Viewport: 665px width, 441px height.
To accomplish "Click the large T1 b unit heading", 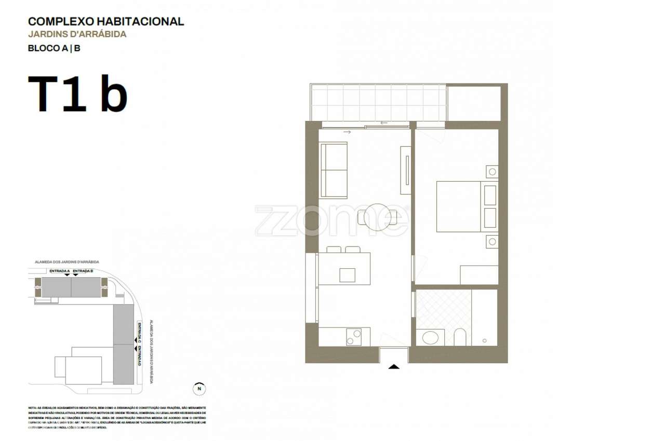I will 78,94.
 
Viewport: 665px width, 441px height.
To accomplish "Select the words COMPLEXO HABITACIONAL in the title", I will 106,21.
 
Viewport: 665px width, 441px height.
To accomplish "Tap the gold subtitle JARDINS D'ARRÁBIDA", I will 77,35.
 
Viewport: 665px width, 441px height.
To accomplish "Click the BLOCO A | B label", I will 54,49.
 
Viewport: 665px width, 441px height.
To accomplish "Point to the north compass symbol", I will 199,388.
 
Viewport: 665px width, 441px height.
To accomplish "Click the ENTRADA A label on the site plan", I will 59,271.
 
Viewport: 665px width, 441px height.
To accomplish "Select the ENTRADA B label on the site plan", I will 83,271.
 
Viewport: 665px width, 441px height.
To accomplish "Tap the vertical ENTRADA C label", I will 139,331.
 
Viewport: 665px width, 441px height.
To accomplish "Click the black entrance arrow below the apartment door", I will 394,366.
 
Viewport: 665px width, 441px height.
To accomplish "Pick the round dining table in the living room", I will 377,217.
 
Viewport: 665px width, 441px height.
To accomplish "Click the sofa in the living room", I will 334,170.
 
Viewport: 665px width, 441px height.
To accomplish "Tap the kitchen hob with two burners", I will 354,337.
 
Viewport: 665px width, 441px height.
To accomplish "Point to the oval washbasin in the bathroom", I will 430,338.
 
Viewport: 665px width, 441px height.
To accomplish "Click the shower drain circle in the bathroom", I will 484,341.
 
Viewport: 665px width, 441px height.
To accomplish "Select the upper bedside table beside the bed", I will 491,172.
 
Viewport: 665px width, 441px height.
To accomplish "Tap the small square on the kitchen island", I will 347,275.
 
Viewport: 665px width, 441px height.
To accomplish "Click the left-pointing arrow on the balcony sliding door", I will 384,123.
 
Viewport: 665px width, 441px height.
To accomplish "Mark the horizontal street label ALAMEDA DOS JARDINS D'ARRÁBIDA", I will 66,263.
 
